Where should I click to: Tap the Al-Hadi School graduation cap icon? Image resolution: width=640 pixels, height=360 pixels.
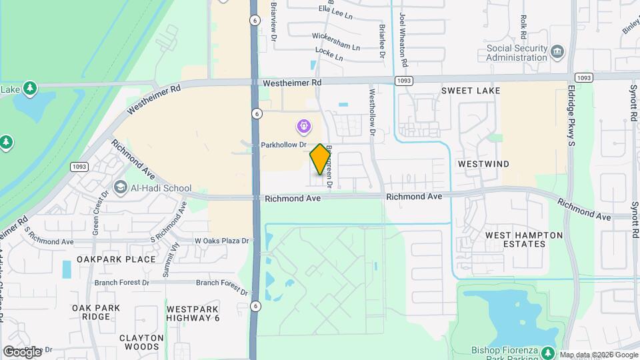[121, 188]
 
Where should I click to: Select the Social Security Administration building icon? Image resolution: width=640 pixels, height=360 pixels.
[558, 49]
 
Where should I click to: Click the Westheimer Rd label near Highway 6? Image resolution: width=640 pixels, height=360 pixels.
[292, 83]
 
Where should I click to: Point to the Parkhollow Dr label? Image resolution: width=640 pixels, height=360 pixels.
[283, 145]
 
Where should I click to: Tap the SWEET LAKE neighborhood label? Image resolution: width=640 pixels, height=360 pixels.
[471, 90]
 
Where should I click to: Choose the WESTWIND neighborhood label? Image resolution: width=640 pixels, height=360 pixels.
[484, 163]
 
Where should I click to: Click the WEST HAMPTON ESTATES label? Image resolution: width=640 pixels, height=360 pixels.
[524, 240]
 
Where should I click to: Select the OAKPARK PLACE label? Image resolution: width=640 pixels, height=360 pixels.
[116, 259]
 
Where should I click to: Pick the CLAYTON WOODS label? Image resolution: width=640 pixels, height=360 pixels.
[141, 343]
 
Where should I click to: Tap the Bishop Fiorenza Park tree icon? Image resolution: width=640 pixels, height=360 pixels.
[547, 351]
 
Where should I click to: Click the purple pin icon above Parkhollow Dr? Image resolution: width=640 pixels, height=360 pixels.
[303, 125]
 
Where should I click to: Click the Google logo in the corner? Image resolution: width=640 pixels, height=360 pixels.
[22, 351]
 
